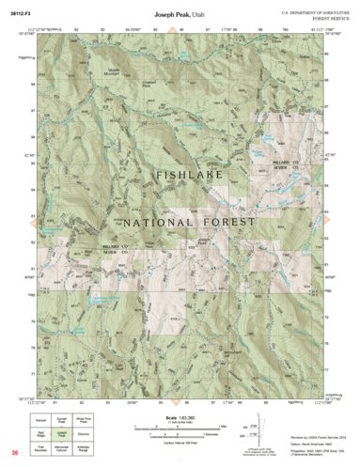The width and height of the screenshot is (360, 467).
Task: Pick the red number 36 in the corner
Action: click(14, 455)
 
